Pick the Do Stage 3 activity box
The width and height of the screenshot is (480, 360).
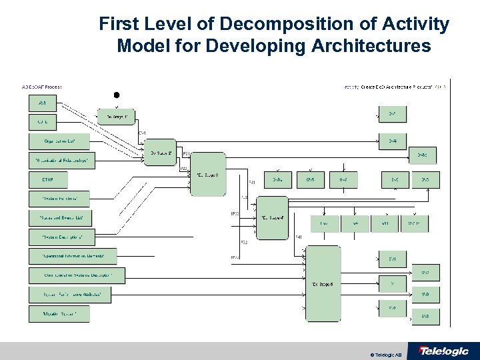pos(208,174)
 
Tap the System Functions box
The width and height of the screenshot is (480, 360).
pos(60,199)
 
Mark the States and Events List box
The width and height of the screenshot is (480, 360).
pos(61,217)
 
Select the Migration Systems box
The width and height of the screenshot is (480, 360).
pos(59,313)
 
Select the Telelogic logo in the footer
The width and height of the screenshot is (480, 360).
pos(443,351)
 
